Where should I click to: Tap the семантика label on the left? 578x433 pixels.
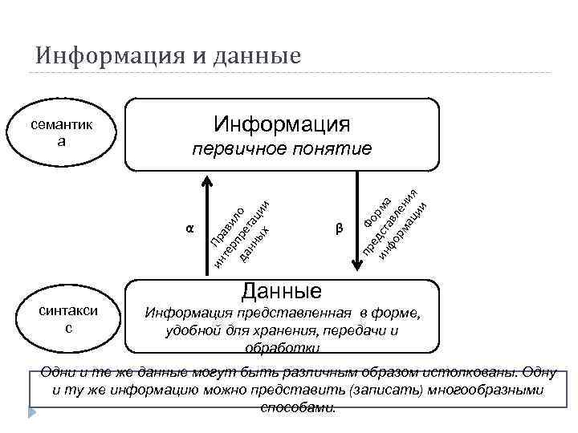click(x=61, y=133)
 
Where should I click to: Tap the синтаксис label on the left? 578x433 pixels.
click(x=69, y=319)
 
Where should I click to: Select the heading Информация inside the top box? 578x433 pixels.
click(x=282, y=123)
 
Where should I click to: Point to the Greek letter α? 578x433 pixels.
click(x=189, y=228)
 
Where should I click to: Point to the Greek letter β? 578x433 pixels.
click(x=339, y=229)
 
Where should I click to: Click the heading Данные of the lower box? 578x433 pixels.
click(x=282, y=290)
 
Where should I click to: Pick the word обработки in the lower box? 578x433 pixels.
click(x=282, y=348)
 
